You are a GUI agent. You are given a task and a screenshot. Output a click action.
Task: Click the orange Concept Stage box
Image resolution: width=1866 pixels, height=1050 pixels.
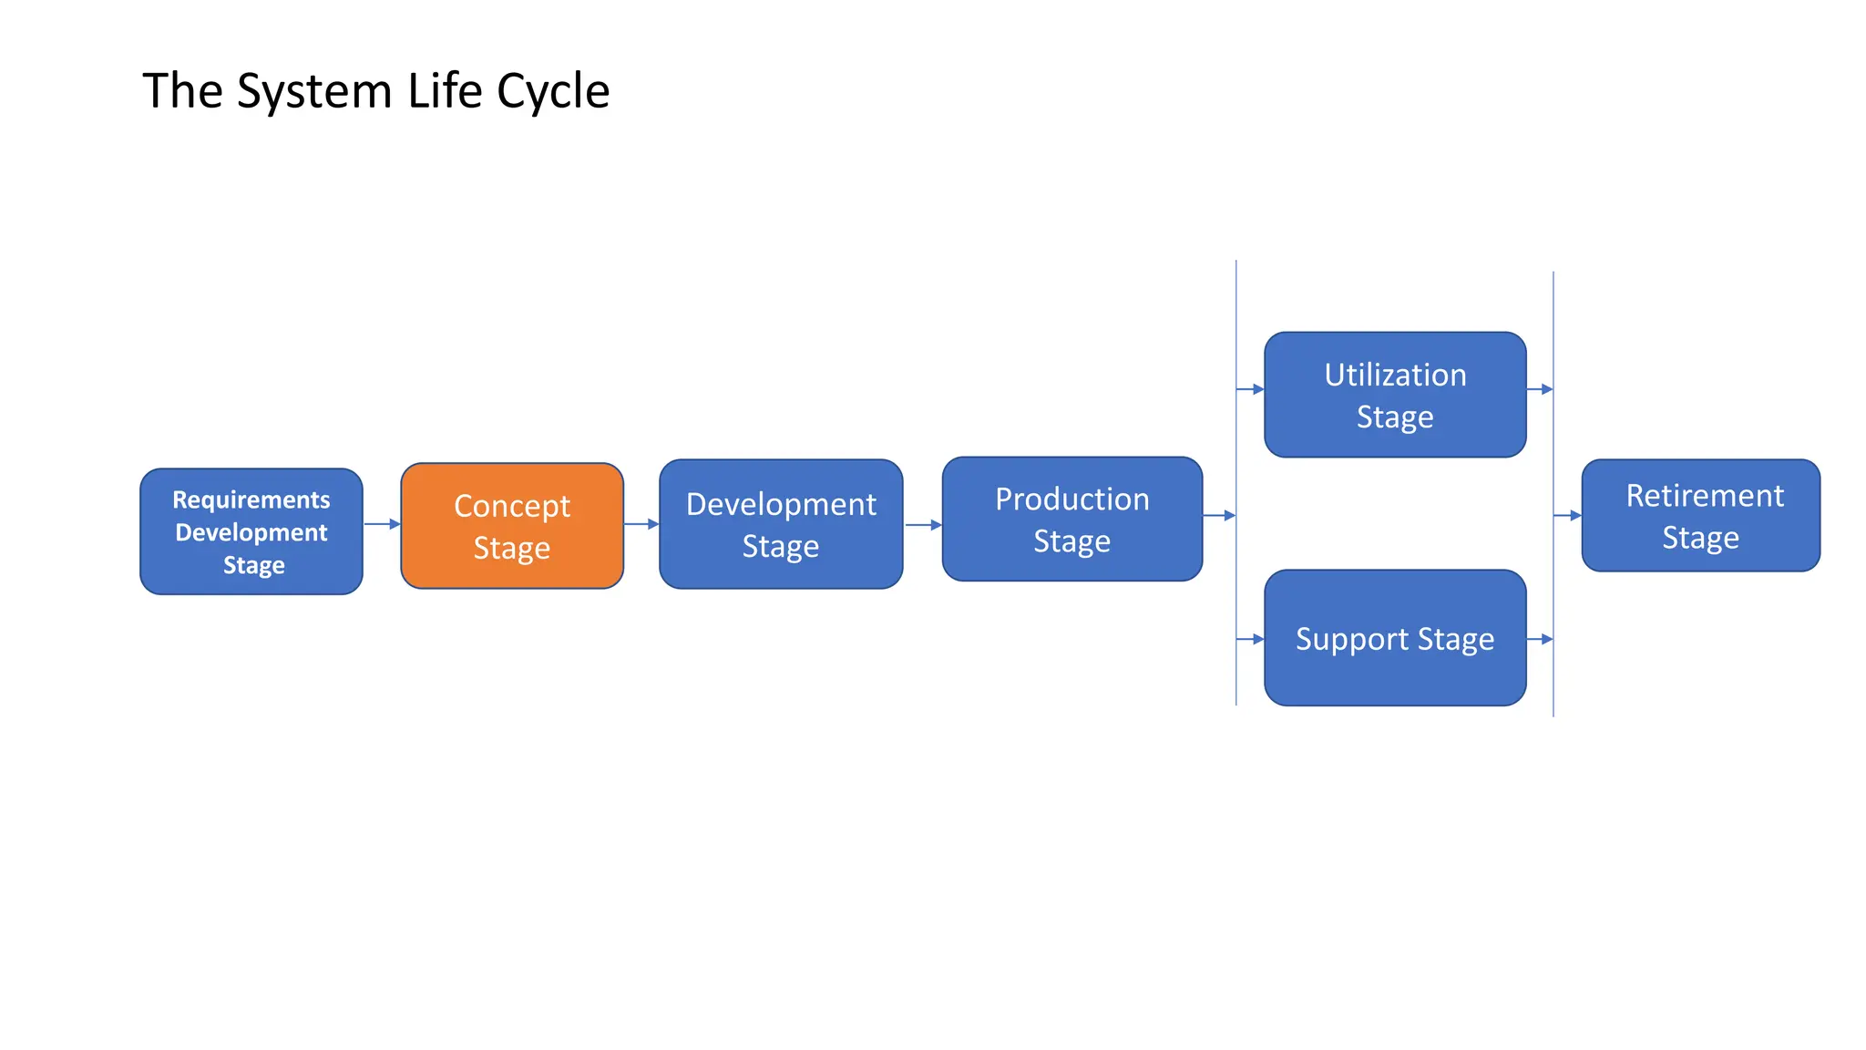(x=512, y=526)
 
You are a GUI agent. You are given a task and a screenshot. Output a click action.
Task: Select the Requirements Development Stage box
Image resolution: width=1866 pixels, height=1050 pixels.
(x=251, y=531)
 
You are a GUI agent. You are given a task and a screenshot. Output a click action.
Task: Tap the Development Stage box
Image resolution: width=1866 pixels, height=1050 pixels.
(x=781, y=524)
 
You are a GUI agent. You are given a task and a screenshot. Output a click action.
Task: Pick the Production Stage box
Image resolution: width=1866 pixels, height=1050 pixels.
(x=1072, y=519)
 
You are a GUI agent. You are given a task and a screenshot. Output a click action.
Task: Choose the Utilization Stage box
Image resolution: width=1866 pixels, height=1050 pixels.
(x=1395, y=395)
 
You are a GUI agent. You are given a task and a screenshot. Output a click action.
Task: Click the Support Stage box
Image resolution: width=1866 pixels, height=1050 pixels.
(x=1395, y=638)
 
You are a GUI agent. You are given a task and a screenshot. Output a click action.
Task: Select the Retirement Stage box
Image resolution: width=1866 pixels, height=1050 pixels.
(x=1700, y=516)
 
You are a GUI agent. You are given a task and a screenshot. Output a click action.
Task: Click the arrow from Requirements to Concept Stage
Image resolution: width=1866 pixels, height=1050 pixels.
(x=382, y=524)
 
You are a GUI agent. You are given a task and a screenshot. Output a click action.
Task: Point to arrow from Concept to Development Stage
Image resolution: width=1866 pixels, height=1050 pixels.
(x=641, y=524)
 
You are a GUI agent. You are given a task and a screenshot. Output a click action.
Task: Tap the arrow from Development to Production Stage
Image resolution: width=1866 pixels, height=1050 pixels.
(x=923, y=525)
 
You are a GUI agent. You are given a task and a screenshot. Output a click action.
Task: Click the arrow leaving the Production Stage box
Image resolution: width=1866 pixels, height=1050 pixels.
(x=1219, y=516)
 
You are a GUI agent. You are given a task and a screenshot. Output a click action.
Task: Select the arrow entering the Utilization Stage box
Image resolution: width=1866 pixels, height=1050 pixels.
(x=1250, y=389)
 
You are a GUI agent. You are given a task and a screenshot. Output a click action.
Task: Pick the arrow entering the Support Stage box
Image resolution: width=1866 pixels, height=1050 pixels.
(x=1250, y=640)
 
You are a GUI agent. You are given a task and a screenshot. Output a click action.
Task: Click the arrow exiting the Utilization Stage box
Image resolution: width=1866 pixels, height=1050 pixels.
(x=1540, y=389)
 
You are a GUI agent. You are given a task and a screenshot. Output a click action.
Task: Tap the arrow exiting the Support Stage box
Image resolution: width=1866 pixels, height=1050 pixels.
(x=1540, y=640)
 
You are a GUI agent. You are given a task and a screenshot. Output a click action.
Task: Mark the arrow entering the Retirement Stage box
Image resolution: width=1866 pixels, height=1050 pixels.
(x=1567, y=516)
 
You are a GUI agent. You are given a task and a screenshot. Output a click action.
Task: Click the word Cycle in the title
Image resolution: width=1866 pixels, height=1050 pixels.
(x=552, y=92)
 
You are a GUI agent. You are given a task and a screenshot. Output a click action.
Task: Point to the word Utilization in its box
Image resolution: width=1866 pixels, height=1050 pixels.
(x=1395, y=375)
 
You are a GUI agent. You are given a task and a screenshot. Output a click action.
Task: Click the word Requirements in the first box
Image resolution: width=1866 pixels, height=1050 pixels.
(x=251, y=499)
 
